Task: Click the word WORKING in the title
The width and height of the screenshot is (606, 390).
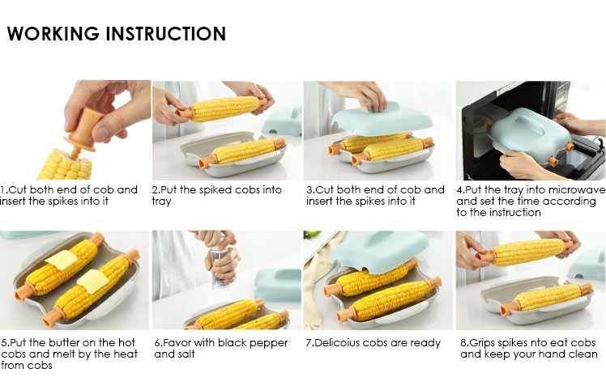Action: click(x=53, y=34)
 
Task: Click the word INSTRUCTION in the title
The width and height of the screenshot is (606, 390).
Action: click(x=166, y=34)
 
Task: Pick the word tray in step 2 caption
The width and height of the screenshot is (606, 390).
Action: click(x=161, y=202)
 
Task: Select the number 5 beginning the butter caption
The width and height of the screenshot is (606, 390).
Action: click(x=4, y=343)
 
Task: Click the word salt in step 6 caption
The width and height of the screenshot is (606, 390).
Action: click(x=186, y=354)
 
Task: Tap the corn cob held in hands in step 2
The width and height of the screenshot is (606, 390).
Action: click(x=224, y=108)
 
